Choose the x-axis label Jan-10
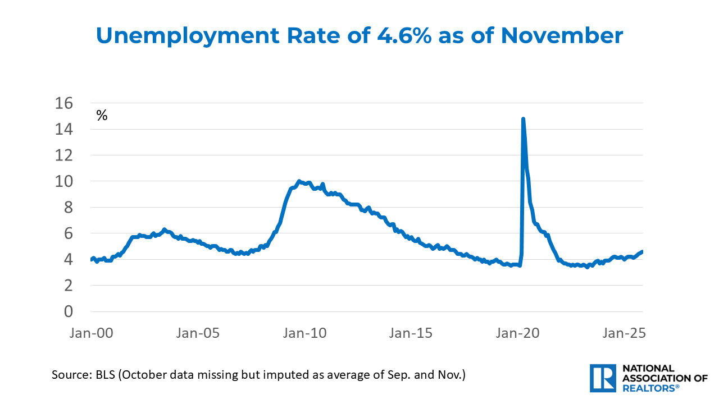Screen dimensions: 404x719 pyautogui.click(x=303, y=333)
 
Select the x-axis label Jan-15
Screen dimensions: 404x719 pyautogui.click(x=410, y=333)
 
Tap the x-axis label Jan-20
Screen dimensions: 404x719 pyautogui.click(x=517, y=333)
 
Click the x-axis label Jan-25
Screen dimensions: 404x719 pyautogui.click(x=623, y=333)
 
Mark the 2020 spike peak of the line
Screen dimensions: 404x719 pyautogui.click(x=523, y=119)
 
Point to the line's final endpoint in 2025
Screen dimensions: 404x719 pyautogui.click(x=642, y=251)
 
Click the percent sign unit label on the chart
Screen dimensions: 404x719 pyautogui.click(x=102, y=116)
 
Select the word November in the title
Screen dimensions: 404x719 pyautogui.click(x=562, y=36)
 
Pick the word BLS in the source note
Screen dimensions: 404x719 pyautogui.click(x=102, y=374)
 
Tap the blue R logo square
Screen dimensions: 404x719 pyautogui.click(x=603, y=378)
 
